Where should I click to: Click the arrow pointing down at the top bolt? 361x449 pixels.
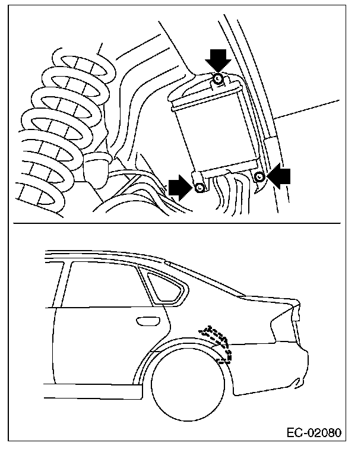click(x=217, y=59)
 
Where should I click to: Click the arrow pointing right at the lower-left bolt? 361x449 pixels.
click(x=179, y=187)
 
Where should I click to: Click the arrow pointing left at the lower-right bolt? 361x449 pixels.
click(x=280, y=176)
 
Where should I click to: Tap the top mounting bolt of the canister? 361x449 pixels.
click(x=218, y=78)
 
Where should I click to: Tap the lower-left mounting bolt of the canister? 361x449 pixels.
click(x=200, y=188)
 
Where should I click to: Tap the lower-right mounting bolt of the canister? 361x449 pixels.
click(x=259, y=176)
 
